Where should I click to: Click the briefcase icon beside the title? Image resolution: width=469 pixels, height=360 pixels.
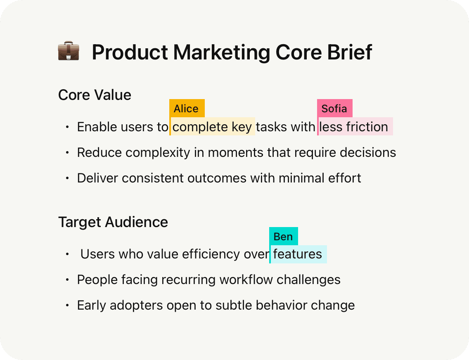[69, 52]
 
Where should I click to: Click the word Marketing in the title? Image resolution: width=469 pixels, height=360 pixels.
[222, 52]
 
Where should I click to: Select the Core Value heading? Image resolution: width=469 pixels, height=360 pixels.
[95, 95]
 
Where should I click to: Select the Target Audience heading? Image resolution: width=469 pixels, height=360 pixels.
[113, 222]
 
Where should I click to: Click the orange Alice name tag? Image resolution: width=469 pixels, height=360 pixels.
[187, 109]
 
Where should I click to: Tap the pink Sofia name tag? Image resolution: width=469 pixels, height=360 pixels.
[334, 109]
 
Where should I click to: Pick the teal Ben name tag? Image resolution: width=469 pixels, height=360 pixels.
[283, 237]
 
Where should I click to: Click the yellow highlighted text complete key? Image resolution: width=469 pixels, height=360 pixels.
[213, 127]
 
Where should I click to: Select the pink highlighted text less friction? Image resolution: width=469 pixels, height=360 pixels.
[354, 127]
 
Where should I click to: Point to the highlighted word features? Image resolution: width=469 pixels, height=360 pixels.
[298, 254]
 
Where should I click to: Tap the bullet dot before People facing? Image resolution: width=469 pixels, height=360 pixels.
[67, 280]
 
